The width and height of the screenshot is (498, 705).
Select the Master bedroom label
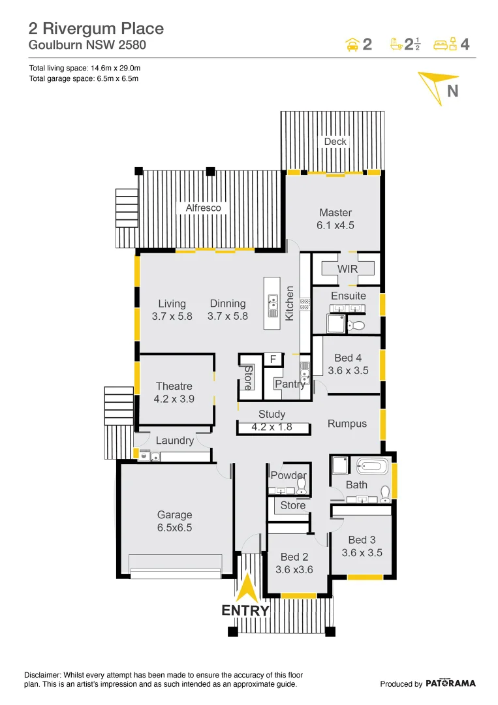click(x=335, y=212)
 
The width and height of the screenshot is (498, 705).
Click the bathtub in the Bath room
click(x=372, y=467)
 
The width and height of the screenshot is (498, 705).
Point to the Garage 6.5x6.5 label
click(x=174, y=521)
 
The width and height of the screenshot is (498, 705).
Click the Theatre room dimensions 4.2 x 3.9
click(x=174, y=398)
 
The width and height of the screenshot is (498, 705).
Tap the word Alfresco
click(x=203, y=208)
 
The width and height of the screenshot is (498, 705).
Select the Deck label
click(x=335, y=142)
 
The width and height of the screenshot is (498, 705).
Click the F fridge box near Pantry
click(x=273, y=360)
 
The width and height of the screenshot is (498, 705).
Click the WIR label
click(x=347, y=269)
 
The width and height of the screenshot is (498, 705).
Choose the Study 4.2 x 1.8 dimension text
click(x=272, y=428)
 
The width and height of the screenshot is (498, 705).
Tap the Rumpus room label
click(x=347, y=424)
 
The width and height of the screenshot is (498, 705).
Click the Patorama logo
click(x=450, y=683)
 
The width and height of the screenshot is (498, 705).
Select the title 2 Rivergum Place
click(x=96, y=29)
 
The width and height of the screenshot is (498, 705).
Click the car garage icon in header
click(x=352, y=44)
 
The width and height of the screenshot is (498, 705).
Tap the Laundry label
click(x=174, y=441)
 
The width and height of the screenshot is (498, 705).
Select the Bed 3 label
click(x=362, y=540)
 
